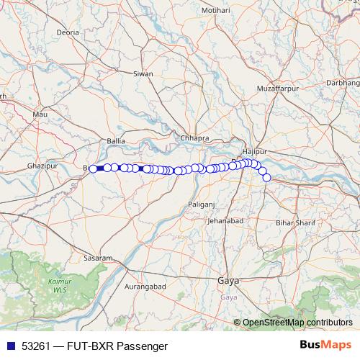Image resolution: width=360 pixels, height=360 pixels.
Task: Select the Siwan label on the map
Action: (x=144, y=73)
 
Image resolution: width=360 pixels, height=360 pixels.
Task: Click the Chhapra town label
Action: (x=194, y=138)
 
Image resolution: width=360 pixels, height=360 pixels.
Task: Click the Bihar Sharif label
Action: (x=296, y=224)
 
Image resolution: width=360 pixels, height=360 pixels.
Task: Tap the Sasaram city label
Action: (x=98, y=258)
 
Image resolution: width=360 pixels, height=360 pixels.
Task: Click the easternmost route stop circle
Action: (x=266, y=177)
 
